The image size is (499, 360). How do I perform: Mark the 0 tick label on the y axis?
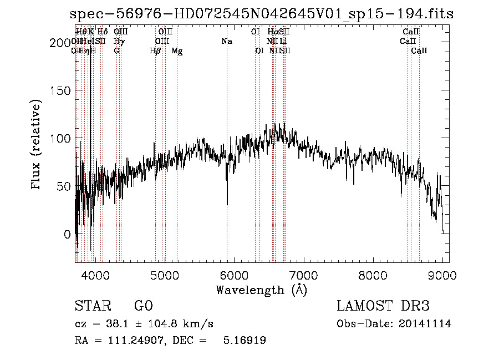(68, 234)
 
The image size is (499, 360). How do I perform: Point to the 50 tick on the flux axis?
(65, 186)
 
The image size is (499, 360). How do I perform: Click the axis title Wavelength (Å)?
(261, 290)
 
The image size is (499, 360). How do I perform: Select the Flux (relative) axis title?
(37, 145)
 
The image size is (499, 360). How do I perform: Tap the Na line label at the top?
(226, 42)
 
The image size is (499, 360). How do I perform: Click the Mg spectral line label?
(177, 51)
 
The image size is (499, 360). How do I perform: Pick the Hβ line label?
(155, 51)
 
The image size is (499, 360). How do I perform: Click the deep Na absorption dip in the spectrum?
(227, 203)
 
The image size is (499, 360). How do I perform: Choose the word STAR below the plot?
(93, 306)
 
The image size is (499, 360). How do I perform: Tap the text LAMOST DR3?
(383, 306)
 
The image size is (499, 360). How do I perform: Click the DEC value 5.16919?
(244, 341)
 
